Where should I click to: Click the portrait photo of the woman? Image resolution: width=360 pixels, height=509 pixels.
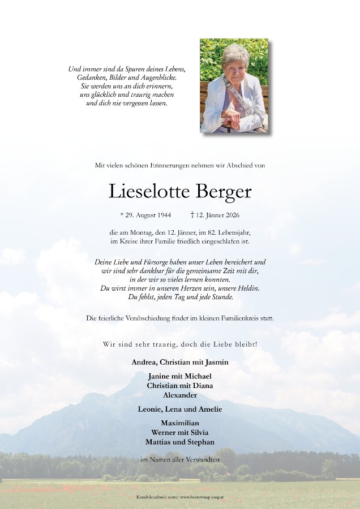pos(234,86)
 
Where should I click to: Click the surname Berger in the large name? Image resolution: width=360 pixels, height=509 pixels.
pos(224,192)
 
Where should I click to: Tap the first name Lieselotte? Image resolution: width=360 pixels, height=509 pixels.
pos(149,192)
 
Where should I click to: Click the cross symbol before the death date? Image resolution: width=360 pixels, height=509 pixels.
pos(192,215)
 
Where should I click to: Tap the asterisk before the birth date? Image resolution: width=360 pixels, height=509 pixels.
pos(122,214)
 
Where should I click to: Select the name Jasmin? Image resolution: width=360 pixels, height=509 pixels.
pos(217,362)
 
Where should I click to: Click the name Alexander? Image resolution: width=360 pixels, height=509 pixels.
pos(179,395)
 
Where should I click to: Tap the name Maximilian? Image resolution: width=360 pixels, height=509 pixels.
pos(179,422)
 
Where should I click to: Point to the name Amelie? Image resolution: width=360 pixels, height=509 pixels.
pos(210,409)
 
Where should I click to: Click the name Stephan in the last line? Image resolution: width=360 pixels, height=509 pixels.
pos(201,442)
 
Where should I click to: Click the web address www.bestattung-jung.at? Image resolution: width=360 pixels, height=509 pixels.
pos(196,497)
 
